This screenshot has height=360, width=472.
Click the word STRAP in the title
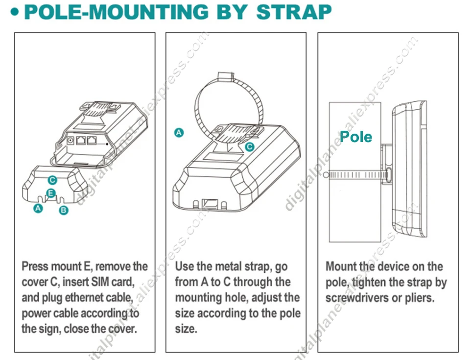click(294, 12)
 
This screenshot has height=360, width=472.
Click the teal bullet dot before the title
click(15, 12)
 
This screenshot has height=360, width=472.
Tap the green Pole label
click(356, 137)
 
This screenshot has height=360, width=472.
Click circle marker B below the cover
click(64, 210)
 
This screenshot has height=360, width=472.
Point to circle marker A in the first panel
click(38, 208)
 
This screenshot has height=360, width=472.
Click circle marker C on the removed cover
click(52, 180)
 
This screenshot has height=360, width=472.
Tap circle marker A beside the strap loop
click(179, 132)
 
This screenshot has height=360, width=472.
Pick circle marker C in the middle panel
click(250, 147)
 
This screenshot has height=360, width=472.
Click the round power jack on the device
click(71, 141)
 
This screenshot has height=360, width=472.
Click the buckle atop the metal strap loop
click(225, 76)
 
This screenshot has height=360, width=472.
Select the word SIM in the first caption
click(100, 282)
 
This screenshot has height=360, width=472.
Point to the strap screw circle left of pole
click(326, 175)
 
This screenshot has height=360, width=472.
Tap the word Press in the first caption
click(35, 266)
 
